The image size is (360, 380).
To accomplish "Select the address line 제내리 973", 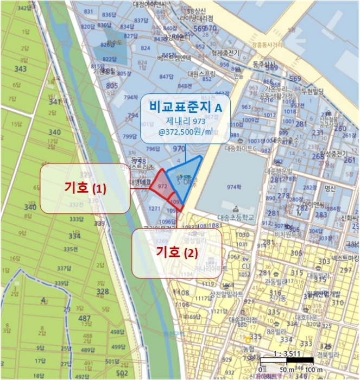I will [185, 121].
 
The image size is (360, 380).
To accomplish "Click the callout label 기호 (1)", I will [85, 188].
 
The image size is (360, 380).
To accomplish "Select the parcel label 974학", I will [233, 187].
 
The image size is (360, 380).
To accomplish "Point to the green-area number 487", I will [84, 318].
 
